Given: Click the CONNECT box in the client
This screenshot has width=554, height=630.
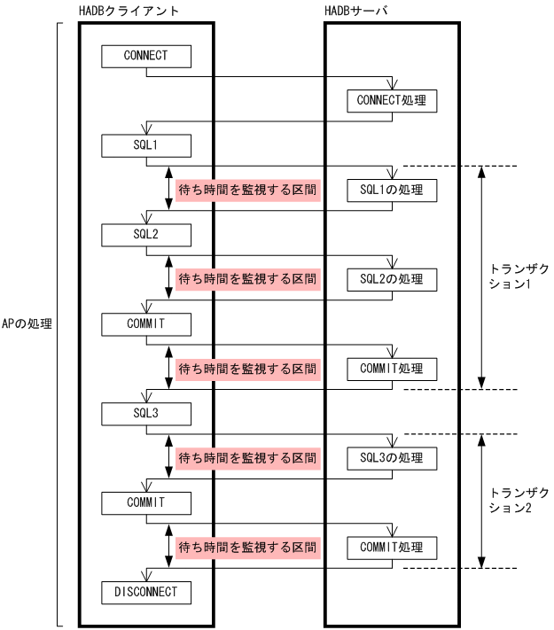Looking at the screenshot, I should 145,55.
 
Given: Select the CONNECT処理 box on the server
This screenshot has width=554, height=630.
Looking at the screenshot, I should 391,100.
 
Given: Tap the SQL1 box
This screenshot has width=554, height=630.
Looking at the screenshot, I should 145,144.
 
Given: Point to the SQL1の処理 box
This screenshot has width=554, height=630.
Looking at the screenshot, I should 391,190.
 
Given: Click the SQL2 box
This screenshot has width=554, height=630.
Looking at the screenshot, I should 145,234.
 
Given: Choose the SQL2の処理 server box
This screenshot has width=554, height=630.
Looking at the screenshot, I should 391,279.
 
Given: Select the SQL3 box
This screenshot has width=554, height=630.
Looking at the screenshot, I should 145,413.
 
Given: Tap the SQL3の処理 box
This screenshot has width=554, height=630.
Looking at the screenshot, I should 391,458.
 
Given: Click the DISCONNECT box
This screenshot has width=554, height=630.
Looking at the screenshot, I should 145,591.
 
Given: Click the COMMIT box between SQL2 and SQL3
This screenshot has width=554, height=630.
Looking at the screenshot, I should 145,323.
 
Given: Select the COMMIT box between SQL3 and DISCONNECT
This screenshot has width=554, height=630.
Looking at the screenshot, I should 145,502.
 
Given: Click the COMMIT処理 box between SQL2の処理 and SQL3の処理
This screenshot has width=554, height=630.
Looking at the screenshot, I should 391,369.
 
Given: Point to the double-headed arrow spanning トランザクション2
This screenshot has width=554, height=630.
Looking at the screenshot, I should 480,501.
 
